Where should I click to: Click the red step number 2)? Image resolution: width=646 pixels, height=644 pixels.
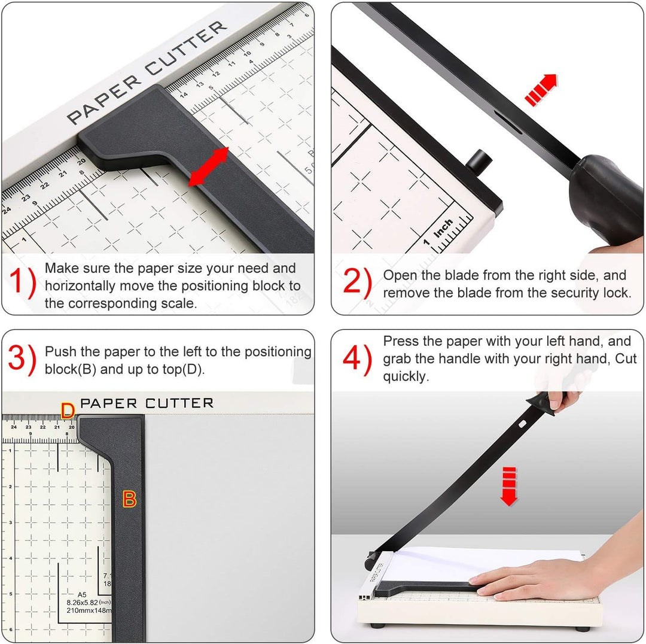point(357,282)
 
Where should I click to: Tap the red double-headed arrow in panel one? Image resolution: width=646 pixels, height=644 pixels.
point(209,167)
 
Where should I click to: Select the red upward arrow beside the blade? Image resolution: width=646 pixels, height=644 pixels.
point(541,89)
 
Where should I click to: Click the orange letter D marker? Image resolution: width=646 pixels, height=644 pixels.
point(68,411)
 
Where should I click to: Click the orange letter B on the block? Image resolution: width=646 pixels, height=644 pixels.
point(130,498)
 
